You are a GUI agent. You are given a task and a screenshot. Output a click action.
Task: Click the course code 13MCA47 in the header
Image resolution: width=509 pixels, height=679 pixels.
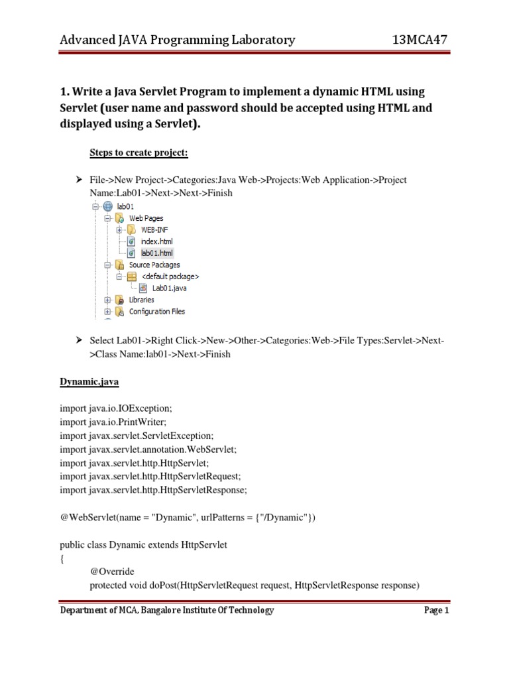click(420, 40)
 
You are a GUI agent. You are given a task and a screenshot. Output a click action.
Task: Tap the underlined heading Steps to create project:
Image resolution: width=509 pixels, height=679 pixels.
click(139, 153)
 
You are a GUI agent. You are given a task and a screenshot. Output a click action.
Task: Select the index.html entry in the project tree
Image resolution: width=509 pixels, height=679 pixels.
click(156, 241)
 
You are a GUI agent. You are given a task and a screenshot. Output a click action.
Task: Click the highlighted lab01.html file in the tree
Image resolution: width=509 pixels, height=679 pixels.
click(156, 253)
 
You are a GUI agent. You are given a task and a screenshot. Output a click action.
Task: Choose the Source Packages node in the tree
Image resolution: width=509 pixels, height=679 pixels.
click(154, 265)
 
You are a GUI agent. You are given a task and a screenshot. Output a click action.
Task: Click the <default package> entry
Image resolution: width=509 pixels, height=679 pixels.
click(170, 277)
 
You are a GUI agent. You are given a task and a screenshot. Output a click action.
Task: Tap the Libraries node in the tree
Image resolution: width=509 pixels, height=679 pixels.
click(141, 300)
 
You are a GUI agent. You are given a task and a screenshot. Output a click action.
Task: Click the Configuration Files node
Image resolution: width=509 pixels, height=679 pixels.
click(156, 312)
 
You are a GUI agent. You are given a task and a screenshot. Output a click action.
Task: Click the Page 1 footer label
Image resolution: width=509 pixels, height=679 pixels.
click(436, 611)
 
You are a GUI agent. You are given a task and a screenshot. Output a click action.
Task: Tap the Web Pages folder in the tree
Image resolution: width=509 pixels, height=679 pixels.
click(146, 217)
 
